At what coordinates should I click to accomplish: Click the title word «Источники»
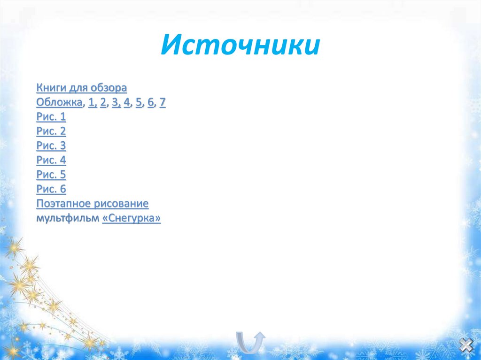click(x=240, y=46)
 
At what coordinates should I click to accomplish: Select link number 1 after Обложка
click(x=91, y=102)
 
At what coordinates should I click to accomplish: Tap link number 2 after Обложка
click(x=103, y=102)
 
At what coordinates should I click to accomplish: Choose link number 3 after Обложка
click(x=115, y=102)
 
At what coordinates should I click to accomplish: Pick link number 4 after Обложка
click(x=127, y=102)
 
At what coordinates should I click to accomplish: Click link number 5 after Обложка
click(x=139, y=102)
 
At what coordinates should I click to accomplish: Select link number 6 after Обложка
click(x=150, y=102)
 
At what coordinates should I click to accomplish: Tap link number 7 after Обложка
click(x=163, y=102)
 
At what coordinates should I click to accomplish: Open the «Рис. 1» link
click(x=51, y=117)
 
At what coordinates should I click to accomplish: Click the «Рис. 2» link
click(x=51, y=131)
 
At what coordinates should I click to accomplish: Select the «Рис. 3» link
click(x=51, y=146)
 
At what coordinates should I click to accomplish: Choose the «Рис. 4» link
click(x=51, y=161)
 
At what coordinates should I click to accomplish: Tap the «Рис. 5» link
click(x=51, y=175)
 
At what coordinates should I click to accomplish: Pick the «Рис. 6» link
click(x=51, y=190)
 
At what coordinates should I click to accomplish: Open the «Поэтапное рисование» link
click(x=93, y=204)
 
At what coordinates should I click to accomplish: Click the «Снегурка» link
click(x=132, y=219)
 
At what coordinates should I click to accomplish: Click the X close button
click(x=465, y=346)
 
